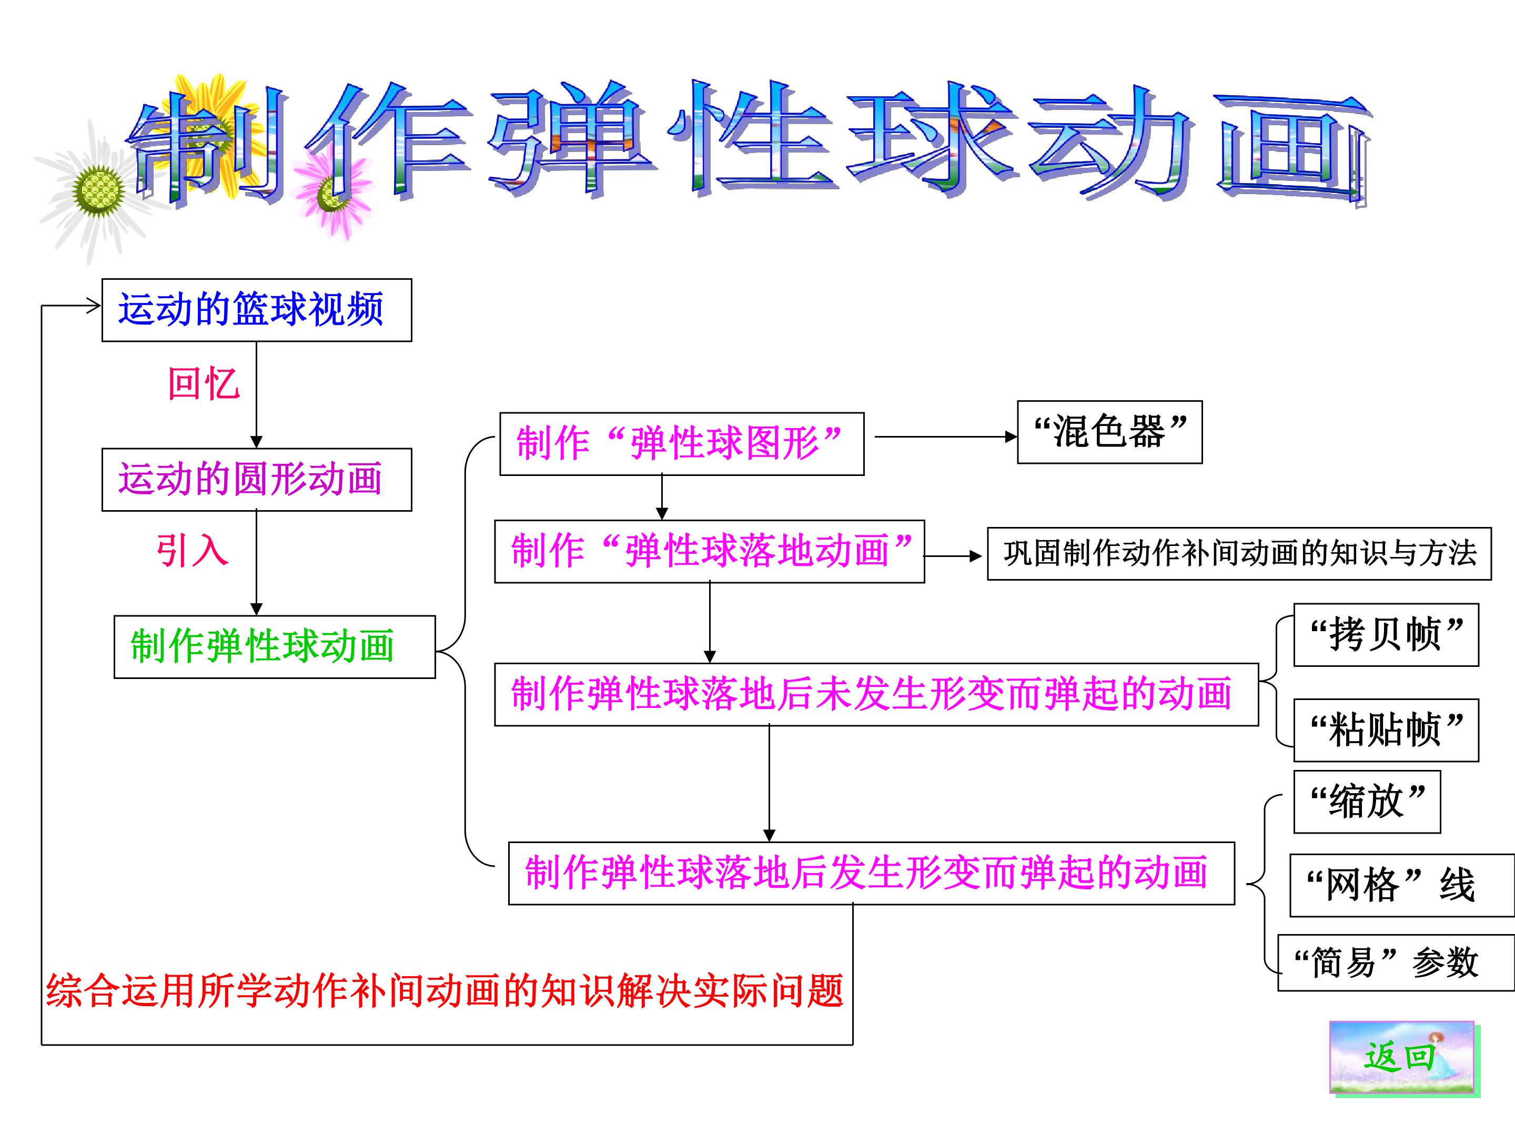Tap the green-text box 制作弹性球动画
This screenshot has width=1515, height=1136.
point(275,646)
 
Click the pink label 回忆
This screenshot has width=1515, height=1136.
point(204,383)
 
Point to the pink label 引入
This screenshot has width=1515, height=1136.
point(192,551)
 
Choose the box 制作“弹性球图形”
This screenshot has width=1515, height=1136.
point(682,444)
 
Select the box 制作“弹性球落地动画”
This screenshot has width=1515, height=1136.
point(710,551)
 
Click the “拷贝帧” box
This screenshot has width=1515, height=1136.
point(1386,635)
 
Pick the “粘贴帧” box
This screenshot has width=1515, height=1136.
point(1386,730)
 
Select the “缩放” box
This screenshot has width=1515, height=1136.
point(1367,802)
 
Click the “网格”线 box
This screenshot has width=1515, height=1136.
point(1402,885)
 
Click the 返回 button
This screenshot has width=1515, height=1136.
point(1401,1058)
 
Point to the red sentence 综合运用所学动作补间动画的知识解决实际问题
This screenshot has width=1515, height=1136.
point(445,991)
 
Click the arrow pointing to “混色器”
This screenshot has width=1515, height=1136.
point(946,436)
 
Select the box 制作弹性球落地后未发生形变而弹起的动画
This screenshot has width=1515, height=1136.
point(877,694)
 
